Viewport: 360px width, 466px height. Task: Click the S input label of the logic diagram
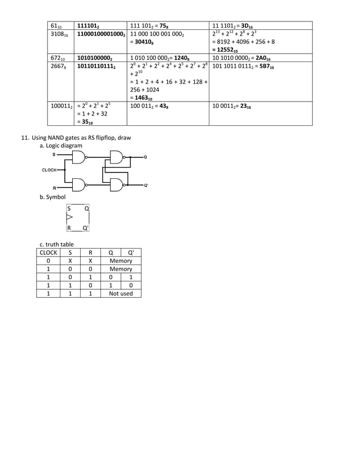click(54, 153)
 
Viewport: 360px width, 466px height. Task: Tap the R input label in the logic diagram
click(54, 187)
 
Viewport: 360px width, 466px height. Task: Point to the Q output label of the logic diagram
click(146, 157)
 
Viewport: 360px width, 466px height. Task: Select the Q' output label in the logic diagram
click(146, 185)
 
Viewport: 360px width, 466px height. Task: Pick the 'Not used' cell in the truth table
click(121, 293)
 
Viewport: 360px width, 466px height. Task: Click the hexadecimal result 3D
click(248, 25)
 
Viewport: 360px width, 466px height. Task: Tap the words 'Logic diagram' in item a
click(64, 146)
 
